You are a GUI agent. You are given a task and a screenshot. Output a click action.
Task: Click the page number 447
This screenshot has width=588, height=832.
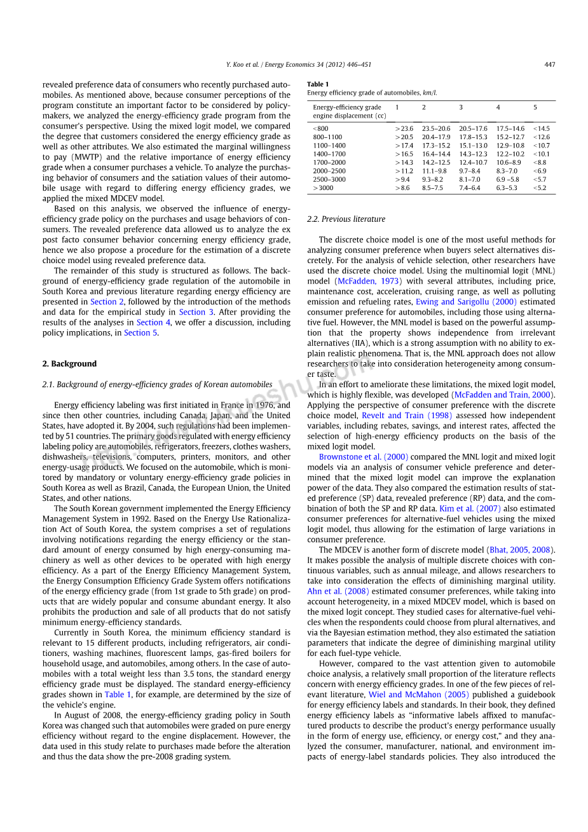(x=550, y=64)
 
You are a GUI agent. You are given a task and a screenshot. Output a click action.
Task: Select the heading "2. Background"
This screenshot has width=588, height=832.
(x=69, y=364)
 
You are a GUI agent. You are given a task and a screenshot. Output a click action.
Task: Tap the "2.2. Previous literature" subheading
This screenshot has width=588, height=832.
(x=346, y=219)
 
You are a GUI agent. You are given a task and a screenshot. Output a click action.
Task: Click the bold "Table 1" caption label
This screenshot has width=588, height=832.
(x=318, y=84)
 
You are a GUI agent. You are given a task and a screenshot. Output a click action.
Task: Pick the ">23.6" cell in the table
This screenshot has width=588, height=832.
(x=404, y=128)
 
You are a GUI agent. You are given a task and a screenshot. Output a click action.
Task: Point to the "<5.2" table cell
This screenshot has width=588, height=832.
(x=540, y=188)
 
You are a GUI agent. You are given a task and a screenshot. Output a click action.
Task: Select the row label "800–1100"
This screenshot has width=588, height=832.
(x=327, y=137)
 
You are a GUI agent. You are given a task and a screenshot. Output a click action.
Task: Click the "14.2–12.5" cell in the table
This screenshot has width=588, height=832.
(x=436, y=162)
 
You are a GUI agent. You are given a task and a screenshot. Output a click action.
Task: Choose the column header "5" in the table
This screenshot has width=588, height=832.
(x=535, y=107)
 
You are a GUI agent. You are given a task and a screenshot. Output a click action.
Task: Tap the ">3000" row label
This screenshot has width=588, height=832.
(x=323, y=188)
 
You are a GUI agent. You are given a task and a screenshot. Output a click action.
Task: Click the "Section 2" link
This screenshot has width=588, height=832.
(x=103, y=302)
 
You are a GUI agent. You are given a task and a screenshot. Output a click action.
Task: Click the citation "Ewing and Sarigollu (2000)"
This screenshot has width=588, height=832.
(x=466, y=302)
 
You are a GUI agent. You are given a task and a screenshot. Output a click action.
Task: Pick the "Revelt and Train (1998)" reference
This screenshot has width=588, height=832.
(x=407, y=416)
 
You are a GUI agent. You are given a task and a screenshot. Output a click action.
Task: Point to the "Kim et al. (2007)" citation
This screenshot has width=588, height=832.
(x=470, y=508)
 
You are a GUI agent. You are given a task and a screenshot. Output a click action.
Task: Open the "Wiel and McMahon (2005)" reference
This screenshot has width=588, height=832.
(x=418, y=695)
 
